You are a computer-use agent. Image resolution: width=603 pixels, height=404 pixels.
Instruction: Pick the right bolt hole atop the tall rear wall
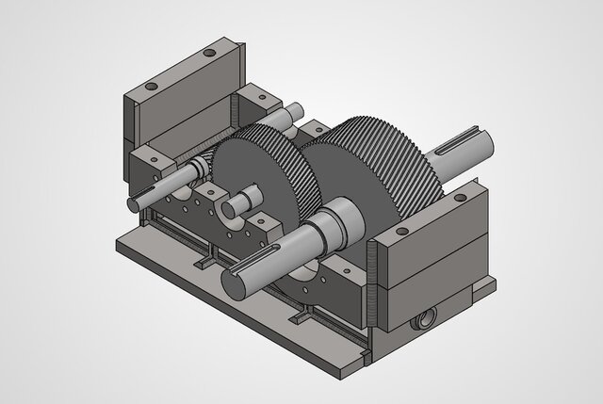[x=209, y=55]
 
